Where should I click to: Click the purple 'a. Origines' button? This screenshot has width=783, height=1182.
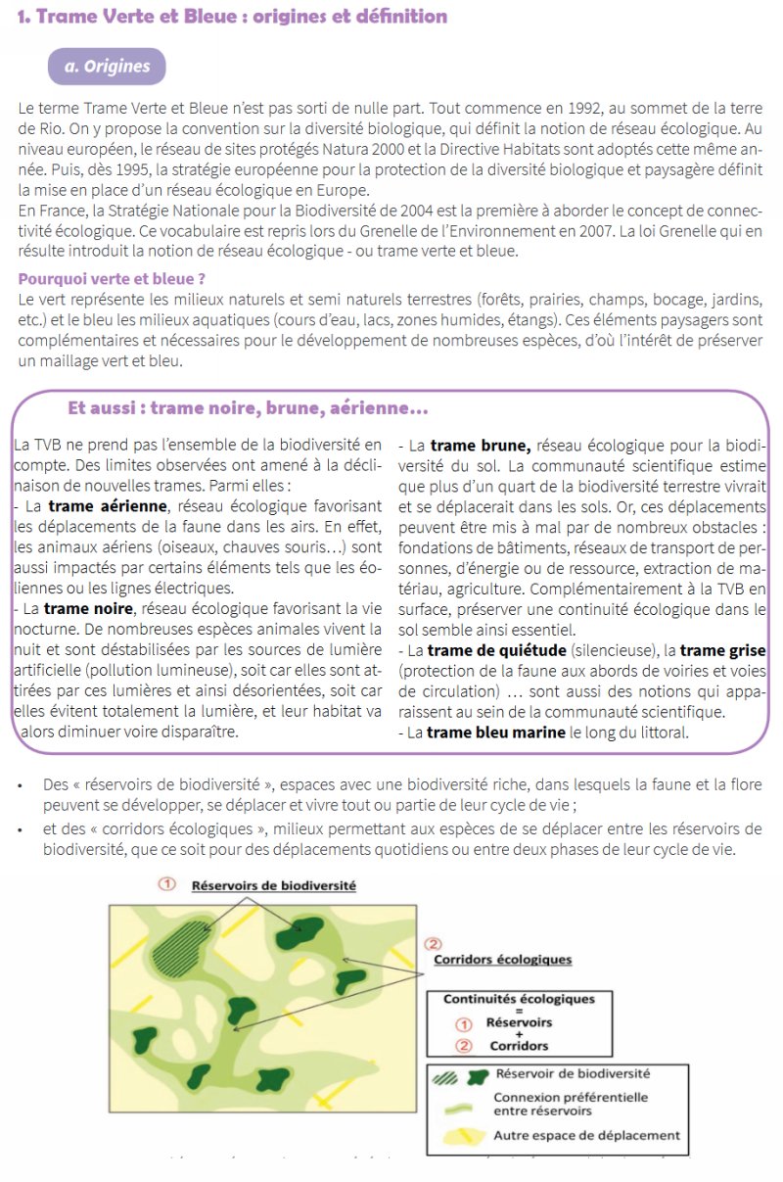[107, 67]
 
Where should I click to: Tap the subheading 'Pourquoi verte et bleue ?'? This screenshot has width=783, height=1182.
[112, 279]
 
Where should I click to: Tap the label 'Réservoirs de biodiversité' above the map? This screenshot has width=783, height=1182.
[274, 885]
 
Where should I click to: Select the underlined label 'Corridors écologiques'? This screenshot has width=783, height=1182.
[502, 960]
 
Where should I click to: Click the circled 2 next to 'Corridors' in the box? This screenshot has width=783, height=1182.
[465, 1045]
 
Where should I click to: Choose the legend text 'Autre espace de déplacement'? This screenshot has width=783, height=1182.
[586, 1136]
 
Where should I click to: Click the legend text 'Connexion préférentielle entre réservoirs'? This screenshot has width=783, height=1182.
[570, 1104]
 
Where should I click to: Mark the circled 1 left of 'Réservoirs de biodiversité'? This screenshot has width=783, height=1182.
[167, 884]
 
